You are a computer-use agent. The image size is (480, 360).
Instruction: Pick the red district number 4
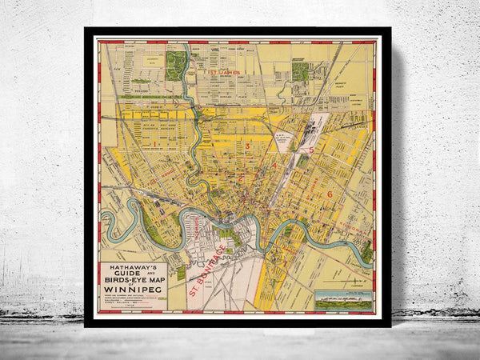[274, 166]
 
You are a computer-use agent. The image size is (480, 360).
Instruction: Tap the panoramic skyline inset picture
[343, 301]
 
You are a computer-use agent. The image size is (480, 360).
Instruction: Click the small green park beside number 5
[303, 161]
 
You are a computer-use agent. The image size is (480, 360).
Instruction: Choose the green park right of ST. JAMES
[301, 71]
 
